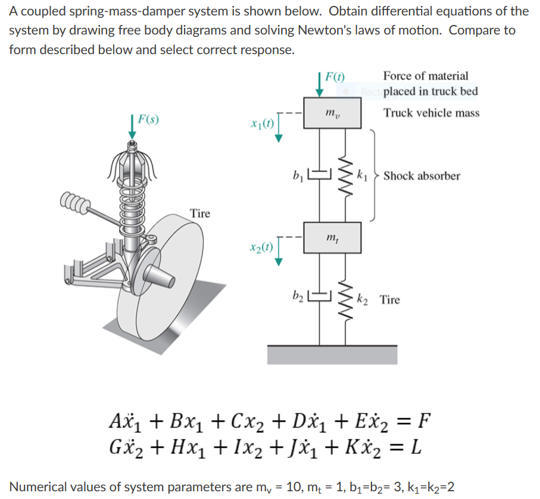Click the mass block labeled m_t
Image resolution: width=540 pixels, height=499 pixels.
[x=333, y=237]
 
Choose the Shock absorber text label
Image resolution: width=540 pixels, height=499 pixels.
[x=422, y=176]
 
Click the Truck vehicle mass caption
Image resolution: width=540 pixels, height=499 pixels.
[x=431, y=113]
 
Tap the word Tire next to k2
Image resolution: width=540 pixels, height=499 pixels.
[x=390, y=300]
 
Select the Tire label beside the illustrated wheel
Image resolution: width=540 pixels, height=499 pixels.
[x=200, y=214]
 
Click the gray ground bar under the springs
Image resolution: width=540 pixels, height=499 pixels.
[x=332, y=354]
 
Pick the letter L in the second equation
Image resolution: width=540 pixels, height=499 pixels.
[x=416, y=446]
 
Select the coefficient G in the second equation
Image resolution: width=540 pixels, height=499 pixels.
[x=117, y=446]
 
